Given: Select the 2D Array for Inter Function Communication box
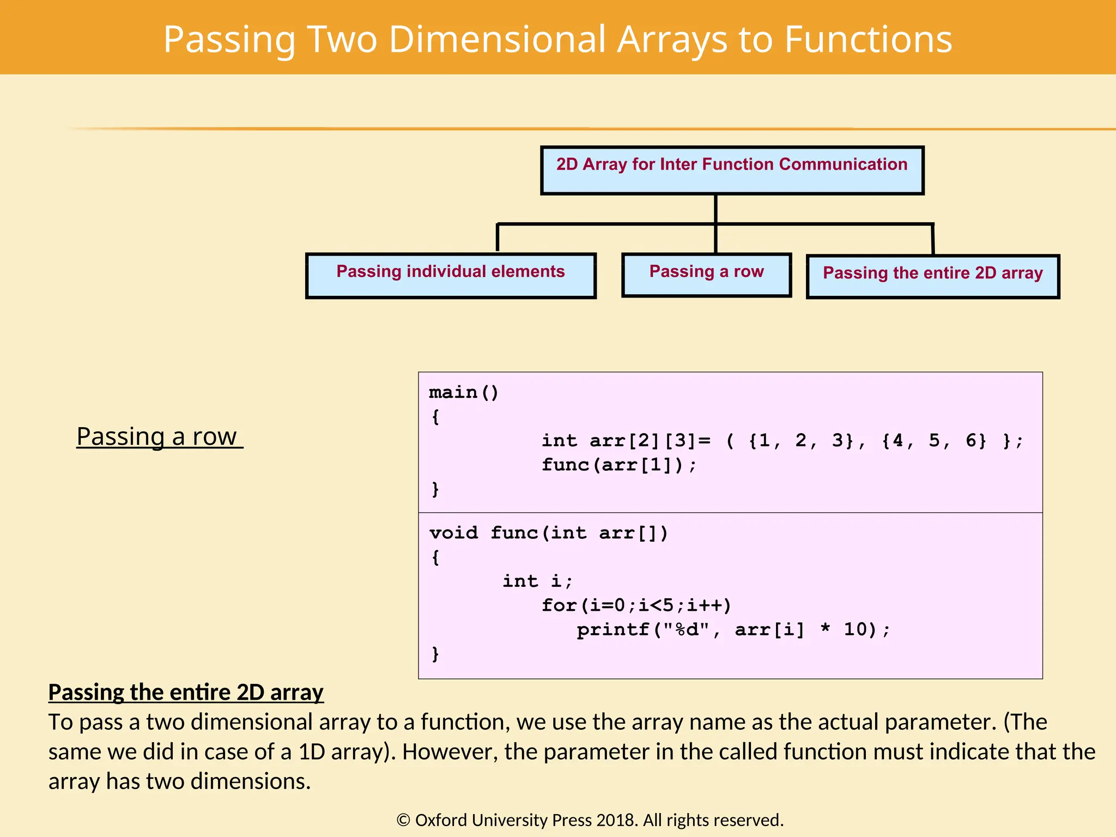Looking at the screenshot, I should (x=732, y=170).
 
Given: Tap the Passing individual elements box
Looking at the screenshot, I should (x=451, y=276).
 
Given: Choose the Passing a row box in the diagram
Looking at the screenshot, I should (x=706, y=275).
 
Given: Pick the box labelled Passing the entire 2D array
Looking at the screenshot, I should (x=932, y=276).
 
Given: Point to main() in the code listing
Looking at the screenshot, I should (x=464, y=392).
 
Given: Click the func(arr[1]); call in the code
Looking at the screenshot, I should (x=619, y=465).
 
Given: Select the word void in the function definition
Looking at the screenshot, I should (x=453, y=532).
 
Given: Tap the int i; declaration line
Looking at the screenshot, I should (x=537, y=581).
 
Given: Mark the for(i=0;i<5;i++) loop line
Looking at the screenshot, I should (x=636, y=605).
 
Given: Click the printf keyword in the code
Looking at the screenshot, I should (x=613, y=630).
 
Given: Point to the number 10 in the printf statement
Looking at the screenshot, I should (x=856, y=629).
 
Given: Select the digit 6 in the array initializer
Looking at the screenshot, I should (x=971, y=440).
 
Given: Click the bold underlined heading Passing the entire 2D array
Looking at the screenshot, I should (x=186, y=693).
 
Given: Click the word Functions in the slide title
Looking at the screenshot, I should (x=868, y=39).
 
